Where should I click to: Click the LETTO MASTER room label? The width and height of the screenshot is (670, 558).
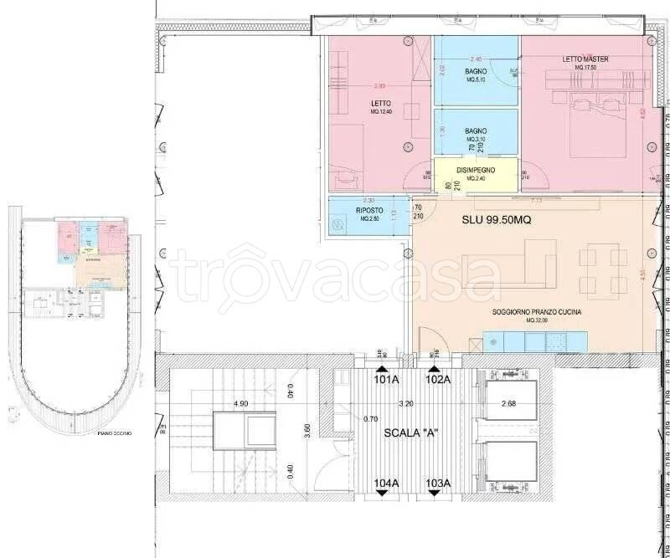pyautogui.click(x=585, y=59)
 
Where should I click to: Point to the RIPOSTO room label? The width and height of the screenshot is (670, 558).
pyautogui.click(x=369, y=211)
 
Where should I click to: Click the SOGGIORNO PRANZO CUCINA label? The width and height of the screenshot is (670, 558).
pyautogui.click(x=537, y=312)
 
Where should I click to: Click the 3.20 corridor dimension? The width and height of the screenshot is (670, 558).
pyautogui.click(x=406, y=403)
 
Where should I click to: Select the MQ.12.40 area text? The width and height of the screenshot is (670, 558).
pyautogui.click(x=380, y=111)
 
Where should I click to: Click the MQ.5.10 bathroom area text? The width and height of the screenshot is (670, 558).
pyautogui.click(x=476, y=80)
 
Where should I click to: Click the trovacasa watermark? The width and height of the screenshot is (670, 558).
pyautogui.click(x=335, y=272)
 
